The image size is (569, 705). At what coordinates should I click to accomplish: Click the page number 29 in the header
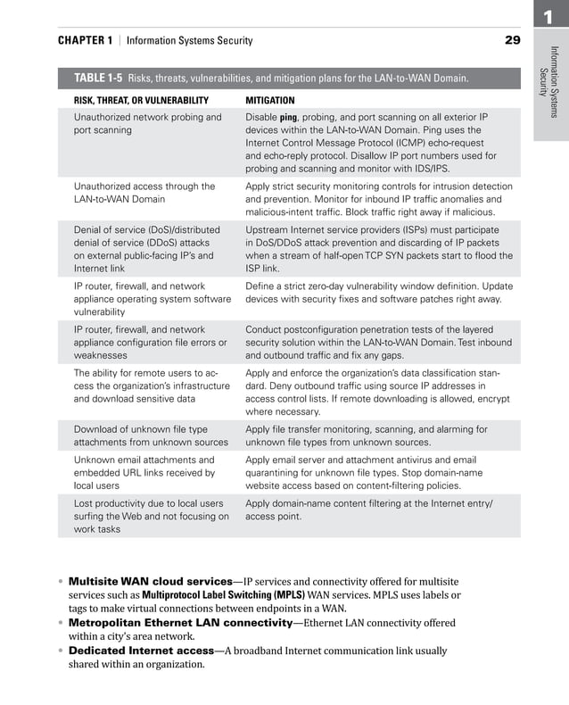pos(513,40)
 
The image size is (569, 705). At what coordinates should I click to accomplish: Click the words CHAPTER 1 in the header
pos(85,41)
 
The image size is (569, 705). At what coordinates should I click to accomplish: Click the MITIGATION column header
pos(269,101)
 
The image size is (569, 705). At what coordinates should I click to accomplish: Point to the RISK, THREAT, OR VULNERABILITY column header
pos(141,101)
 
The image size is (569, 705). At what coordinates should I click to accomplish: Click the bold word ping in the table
pos(288,118)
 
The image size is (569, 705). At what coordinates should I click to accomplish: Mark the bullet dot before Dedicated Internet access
pos(62,651)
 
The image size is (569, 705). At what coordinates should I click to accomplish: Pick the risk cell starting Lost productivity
pos(148,516)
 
